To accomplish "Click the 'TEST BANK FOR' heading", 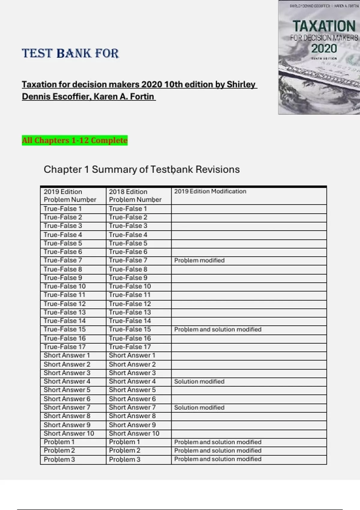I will coord(70,53).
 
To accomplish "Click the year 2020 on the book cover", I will coord(324,49).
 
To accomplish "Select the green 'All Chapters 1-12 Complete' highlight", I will coord(75,140).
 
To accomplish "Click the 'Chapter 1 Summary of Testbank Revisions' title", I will coord(142,169).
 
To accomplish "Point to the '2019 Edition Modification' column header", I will coord(210,191).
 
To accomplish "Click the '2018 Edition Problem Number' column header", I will coord(135,196).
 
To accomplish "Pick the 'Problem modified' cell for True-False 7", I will coord(199,260).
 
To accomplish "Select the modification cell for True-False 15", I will coord(218,329).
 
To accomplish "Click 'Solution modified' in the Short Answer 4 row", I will coord(199,382).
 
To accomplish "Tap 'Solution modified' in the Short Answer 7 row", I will coord(199,408).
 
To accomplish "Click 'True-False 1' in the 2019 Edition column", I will coord(62,209).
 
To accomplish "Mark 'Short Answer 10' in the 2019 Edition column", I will coord(69,433).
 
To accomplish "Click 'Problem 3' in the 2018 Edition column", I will coord(124,460).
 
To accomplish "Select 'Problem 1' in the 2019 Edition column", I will coord(59,442).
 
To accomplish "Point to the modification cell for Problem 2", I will coord(218,451).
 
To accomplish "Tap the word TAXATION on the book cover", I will coord(324,26).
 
